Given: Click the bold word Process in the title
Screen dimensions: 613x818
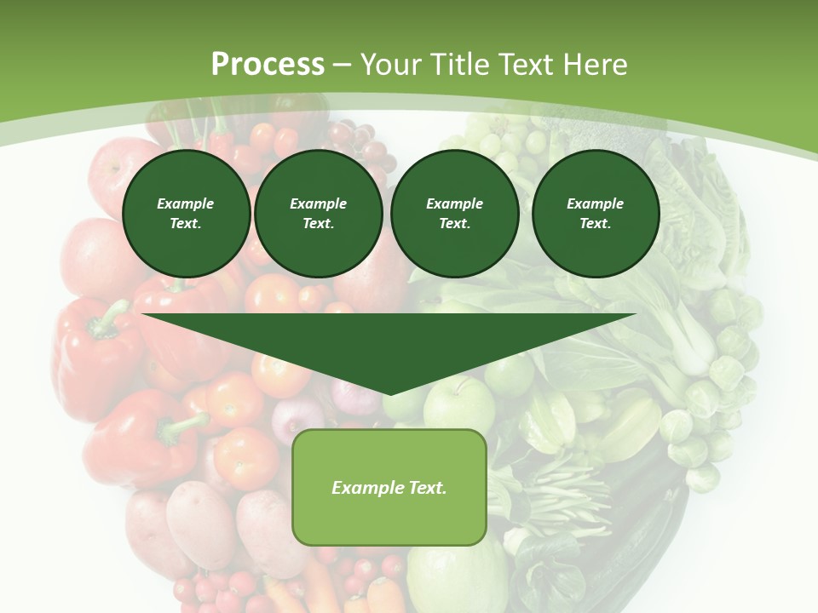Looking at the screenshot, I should point(268,65).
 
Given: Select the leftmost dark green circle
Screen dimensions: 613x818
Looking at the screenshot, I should point(186,214).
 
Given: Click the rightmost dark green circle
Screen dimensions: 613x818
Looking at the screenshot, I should point(596,214).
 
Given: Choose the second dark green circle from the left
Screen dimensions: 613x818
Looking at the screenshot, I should point(318,214).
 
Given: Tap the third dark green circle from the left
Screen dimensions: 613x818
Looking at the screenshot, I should point(454,214).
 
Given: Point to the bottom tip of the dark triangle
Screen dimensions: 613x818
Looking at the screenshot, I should point(389,394).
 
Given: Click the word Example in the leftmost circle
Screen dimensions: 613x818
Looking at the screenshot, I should point(186,203).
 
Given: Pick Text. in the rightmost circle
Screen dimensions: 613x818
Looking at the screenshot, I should point(596,224).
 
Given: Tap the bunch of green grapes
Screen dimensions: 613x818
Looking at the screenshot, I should point(503,140).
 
